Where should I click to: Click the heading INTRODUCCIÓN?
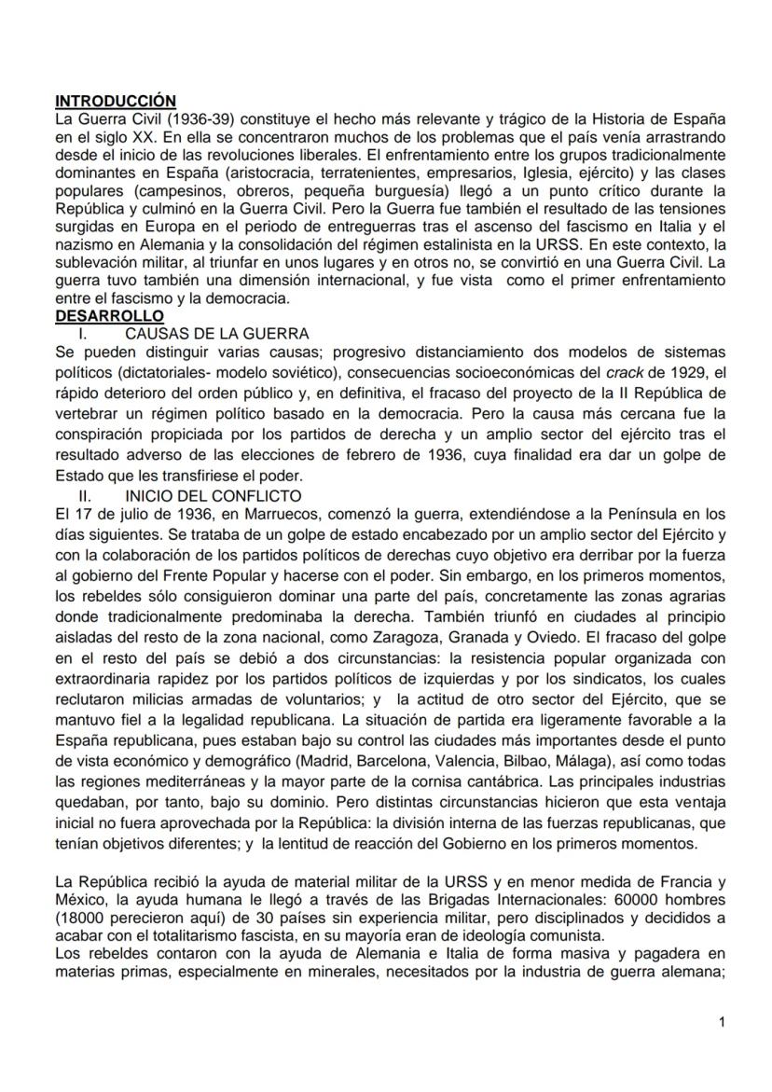pyautogui.click(x=116, y=100)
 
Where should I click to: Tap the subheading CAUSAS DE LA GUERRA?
pyautogui.click(x=216, y=333)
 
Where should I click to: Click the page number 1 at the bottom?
pyautogui.click(x=721, y=1022)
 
